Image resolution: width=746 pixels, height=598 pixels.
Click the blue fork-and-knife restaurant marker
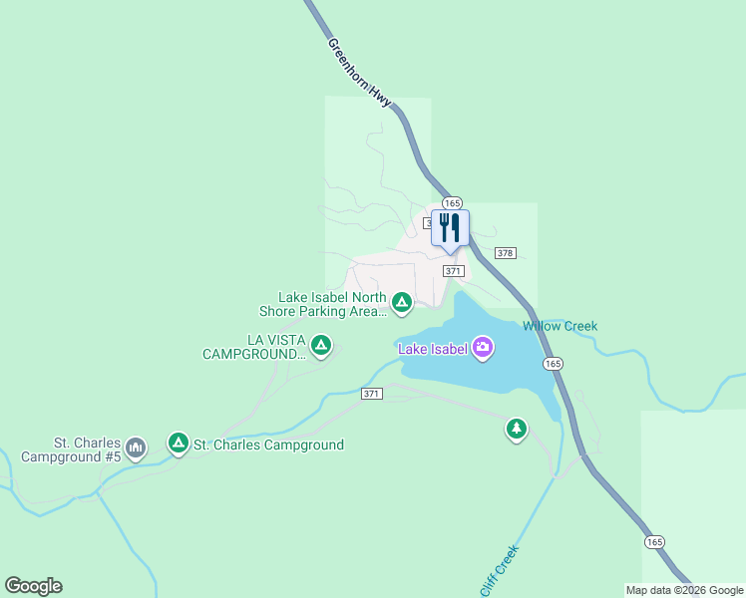[450, 227]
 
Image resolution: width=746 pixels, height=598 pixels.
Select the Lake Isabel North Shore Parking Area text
[333, 304]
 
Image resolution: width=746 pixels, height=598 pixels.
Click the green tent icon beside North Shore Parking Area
[402, 302]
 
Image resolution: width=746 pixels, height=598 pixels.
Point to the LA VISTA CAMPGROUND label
[253, 347]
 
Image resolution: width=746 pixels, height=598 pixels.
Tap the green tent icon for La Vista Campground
[320, 346]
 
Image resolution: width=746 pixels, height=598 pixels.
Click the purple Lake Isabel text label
[433, 348]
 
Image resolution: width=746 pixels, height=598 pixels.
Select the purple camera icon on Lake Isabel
[483, 347]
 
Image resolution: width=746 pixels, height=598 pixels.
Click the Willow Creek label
[560, 326]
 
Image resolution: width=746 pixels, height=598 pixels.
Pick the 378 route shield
[505, 253]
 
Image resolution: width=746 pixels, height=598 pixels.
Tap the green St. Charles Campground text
[268, 445]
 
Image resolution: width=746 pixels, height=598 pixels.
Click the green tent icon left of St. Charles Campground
[179, 443]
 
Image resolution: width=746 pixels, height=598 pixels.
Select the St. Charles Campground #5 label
[87, 449]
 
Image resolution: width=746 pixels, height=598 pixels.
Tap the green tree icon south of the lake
[516, 429]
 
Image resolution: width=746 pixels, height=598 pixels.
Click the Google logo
[33, 586]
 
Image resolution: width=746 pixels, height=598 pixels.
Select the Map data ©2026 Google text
[684, 590]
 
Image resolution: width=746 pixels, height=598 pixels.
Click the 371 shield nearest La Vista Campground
[371, 394]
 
